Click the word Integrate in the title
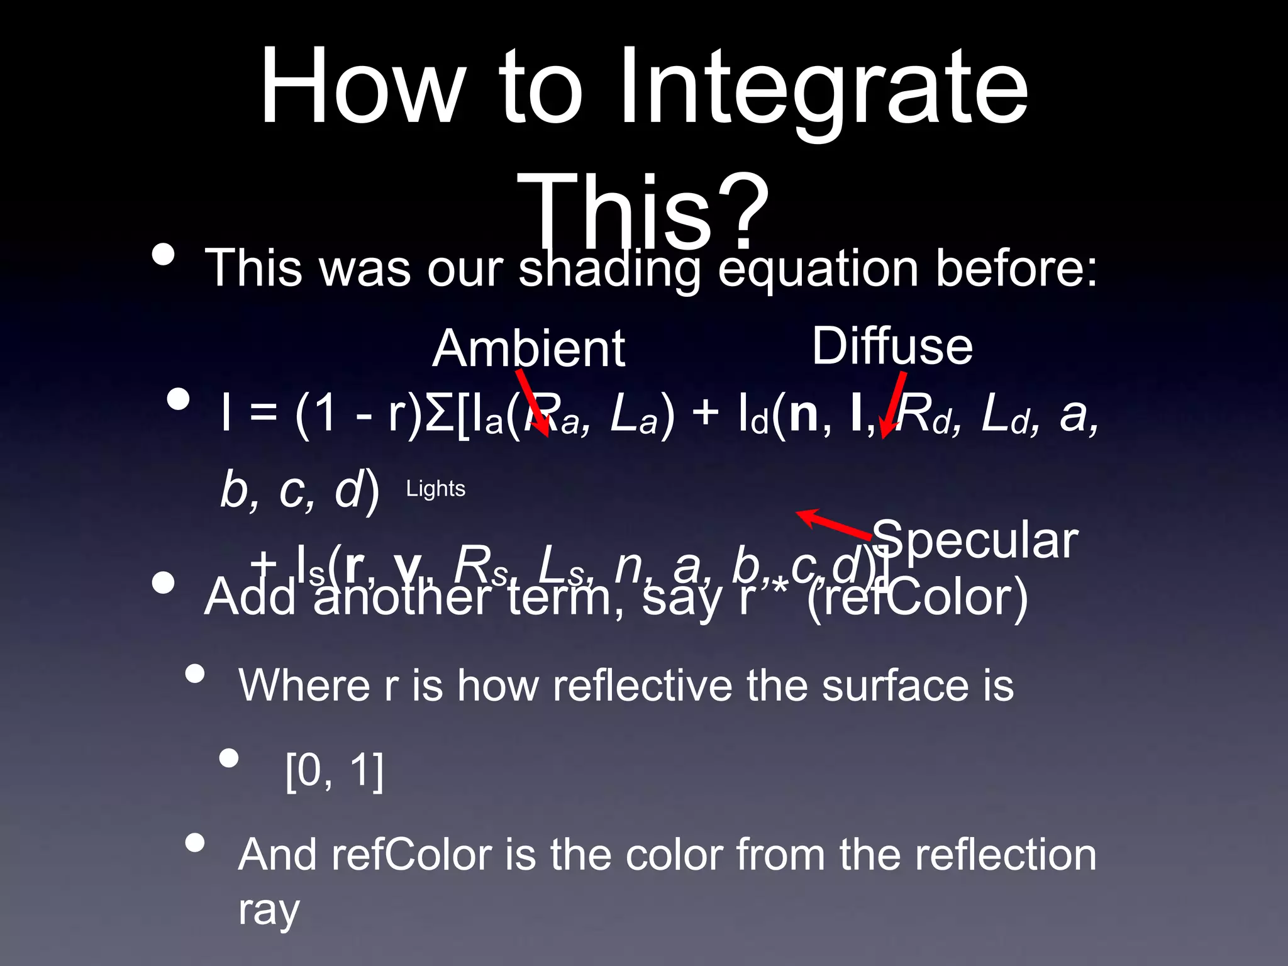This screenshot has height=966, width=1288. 824,88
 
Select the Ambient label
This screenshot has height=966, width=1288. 528,348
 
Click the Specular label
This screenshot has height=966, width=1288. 975,540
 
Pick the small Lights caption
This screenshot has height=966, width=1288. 435,489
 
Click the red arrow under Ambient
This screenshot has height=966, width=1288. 532,403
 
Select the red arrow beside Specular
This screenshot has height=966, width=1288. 834,523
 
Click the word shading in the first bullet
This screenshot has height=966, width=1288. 609,269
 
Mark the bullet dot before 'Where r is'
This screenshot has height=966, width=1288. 196,674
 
